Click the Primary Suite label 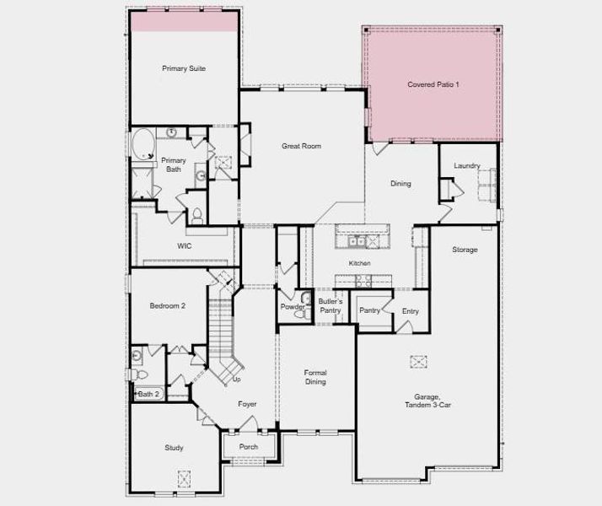point(184,68)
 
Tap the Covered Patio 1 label point(433,84)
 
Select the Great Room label point(301,146)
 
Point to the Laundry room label point(466,165)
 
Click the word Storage point(465,250)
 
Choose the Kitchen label point(360,264)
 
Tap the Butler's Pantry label point(330,305)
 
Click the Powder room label point(293,306)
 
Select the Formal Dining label point(315,377)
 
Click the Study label point(174,448)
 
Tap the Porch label point(249,447)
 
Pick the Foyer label point(247,405)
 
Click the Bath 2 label point(148,394)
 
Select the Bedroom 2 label point(167,305)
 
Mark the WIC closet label point(184,246)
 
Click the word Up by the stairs point(237,379)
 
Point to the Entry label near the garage point(410,311)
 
